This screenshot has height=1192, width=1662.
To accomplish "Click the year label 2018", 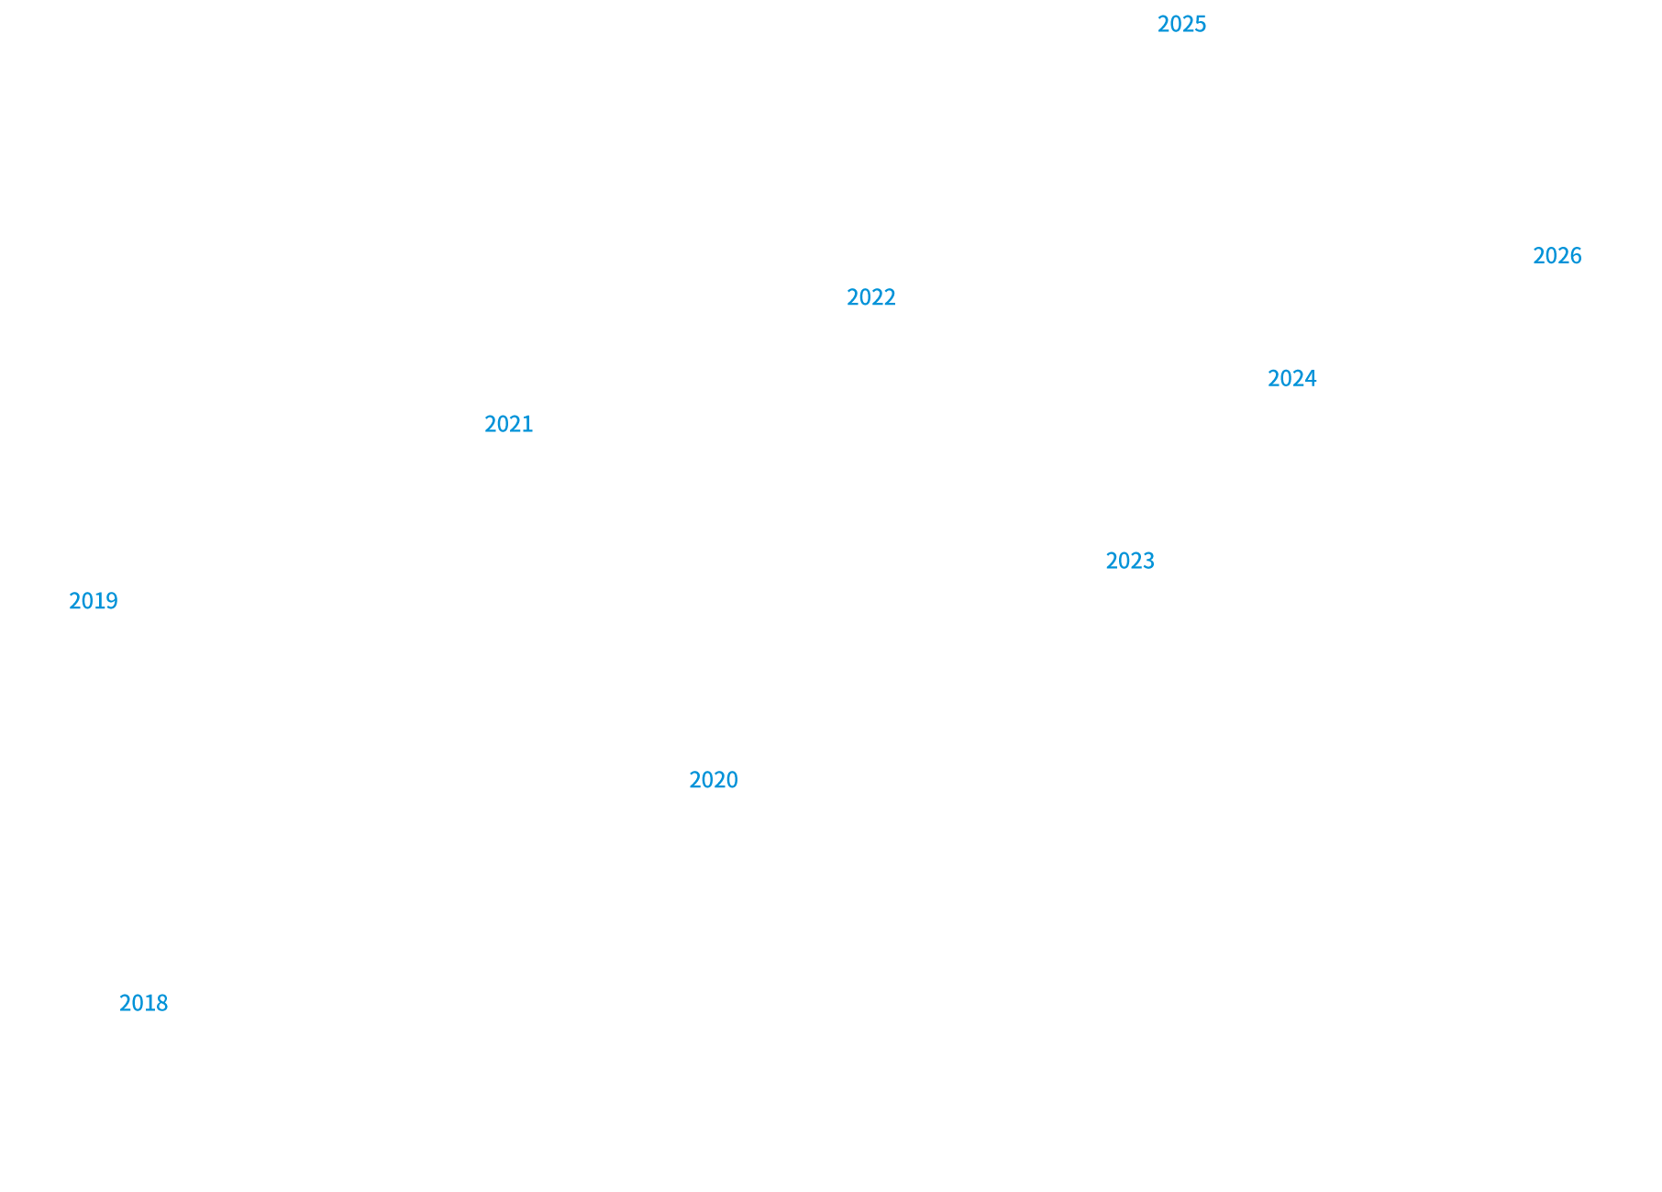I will (x=143, y=1003).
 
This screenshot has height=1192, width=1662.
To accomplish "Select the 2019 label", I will (x=93, y=601).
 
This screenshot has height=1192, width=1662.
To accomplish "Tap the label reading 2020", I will (x=713, y=780).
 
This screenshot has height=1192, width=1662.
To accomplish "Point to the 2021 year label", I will (x=508, y=424).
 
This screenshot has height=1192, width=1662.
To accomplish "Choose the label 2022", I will (x=870, y=297).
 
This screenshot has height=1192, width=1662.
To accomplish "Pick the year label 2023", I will (x=1129, y=561).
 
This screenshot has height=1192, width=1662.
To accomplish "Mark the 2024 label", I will (x=1291, y=379).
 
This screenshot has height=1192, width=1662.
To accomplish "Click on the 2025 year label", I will (x=1181, y=25).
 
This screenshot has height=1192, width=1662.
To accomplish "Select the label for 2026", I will (x=1557, y=256).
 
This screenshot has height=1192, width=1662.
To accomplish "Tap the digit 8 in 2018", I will (x=162, y=1003).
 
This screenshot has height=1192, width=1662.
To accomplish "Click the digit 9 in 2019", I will (x=112, y=601).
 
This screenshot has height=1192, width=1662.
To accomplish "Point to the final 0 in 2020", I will (x=732, y=780).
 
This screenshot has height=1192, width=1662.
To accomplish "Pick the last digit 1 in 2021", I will (x=527, y=424).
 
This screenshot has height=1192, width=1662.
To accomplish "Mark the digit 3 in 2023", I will (x=1148, y=561).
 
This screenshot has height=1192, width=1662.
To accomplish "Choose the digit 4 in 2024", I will (x=1311, y=379).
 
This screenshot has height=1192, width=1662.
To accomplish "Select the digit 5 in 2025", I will (x=1201, y=25).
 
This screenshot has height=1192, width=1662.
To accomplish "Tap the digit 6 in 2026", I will (x=1576, y=256).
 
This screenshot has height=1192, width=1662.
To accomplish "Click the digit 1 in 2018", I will (x=150, y=1003).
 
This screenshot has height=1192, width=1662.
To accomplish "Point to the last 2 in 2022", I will (x=890, y=297).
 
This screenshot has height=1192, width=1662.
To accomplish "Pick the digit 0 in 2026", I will (x=1551, y=256).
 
